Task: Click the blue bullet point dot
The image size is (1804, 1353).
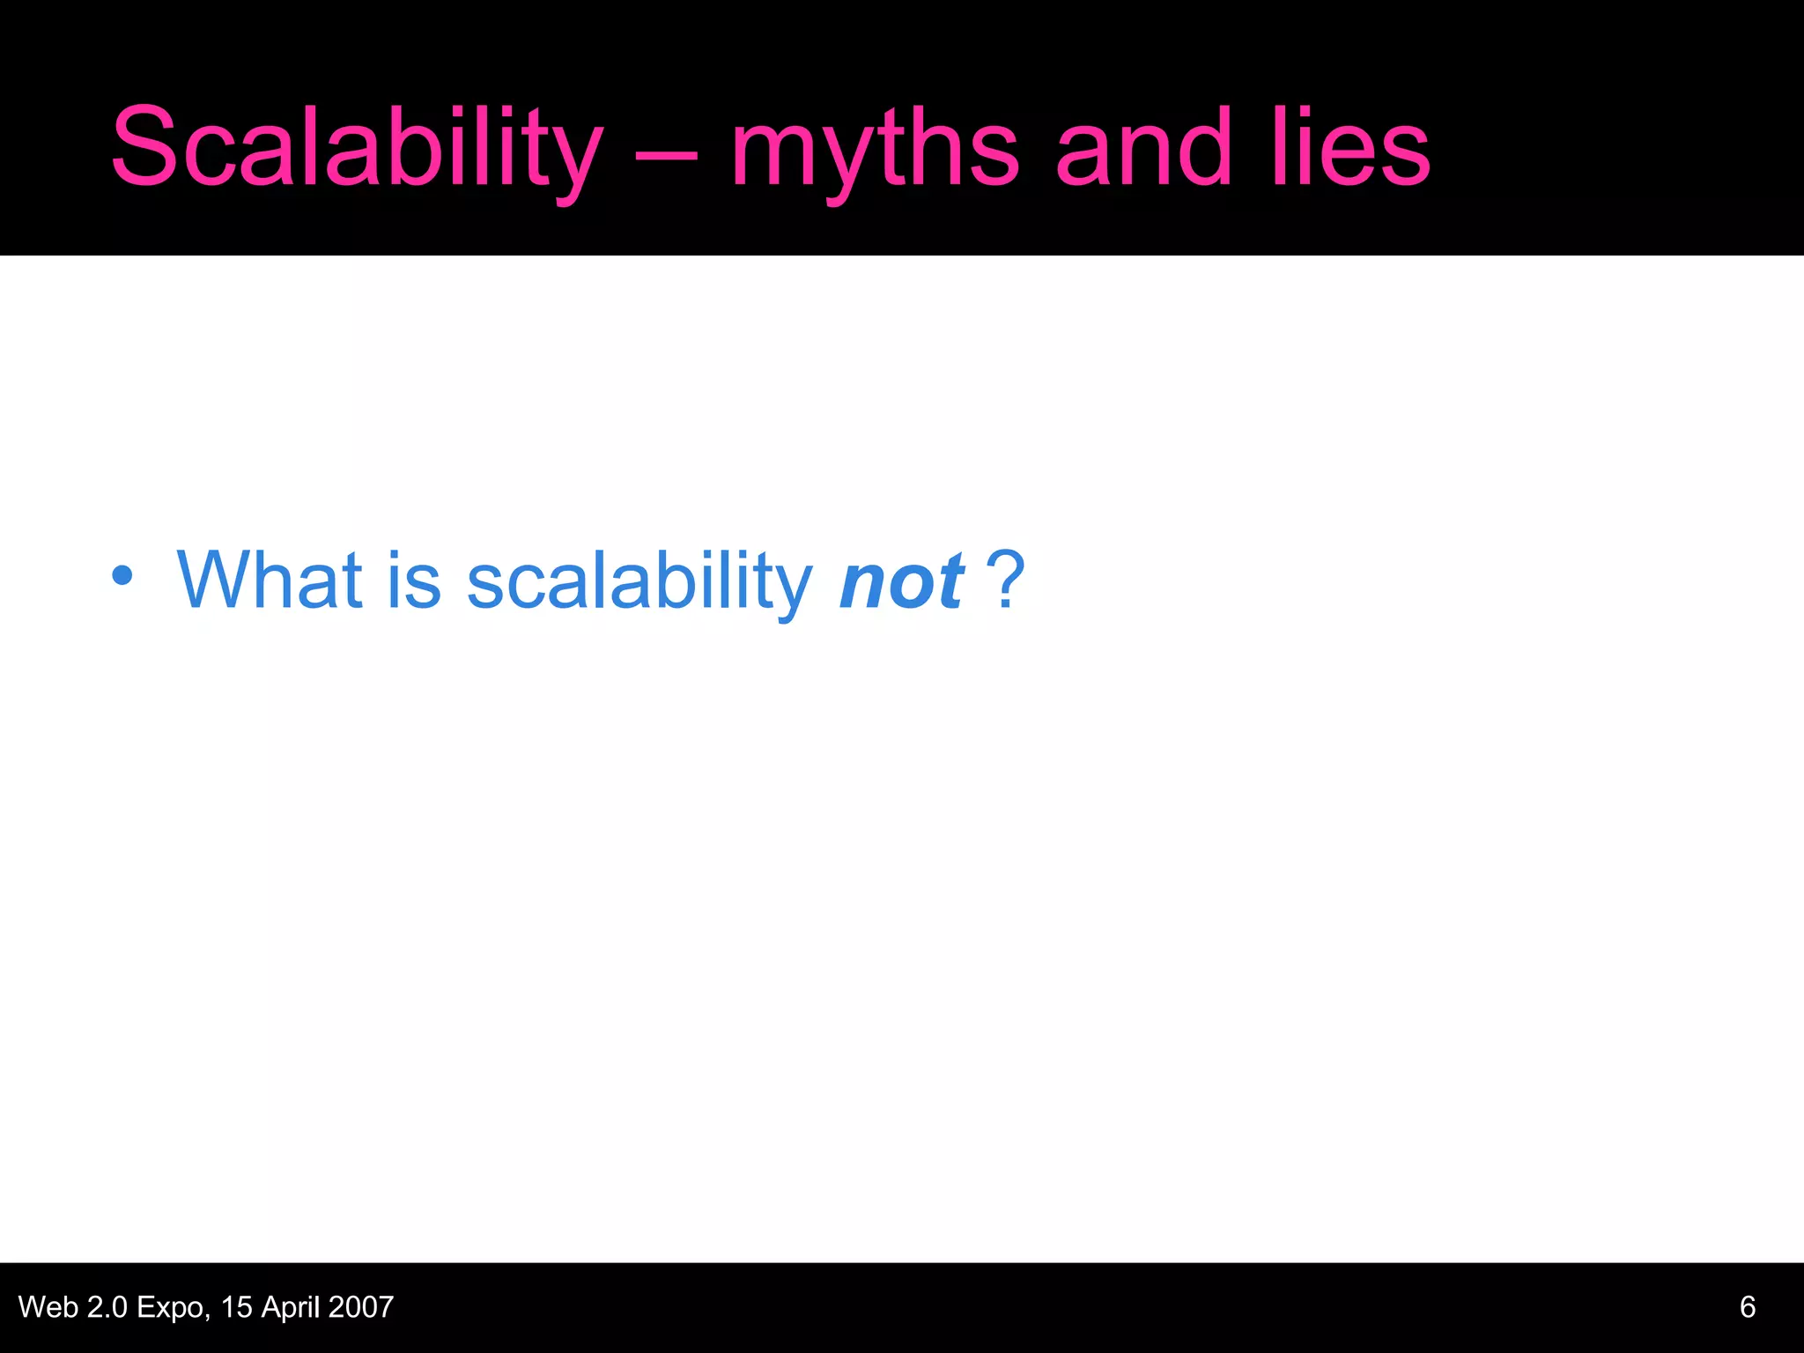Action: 122,577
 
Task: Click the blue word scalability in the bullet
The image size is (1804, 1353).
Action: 640,581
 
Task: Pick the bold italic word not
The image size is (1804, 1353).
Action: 902,581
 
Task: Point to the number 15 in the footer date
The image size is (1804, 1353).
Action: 237,1306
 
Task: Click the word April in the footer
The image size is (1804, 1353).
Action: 291,1308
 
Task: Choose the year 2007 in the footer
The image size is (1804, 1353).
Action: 360,1306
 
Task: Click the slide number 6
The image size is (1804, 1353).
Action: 1748,1306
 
